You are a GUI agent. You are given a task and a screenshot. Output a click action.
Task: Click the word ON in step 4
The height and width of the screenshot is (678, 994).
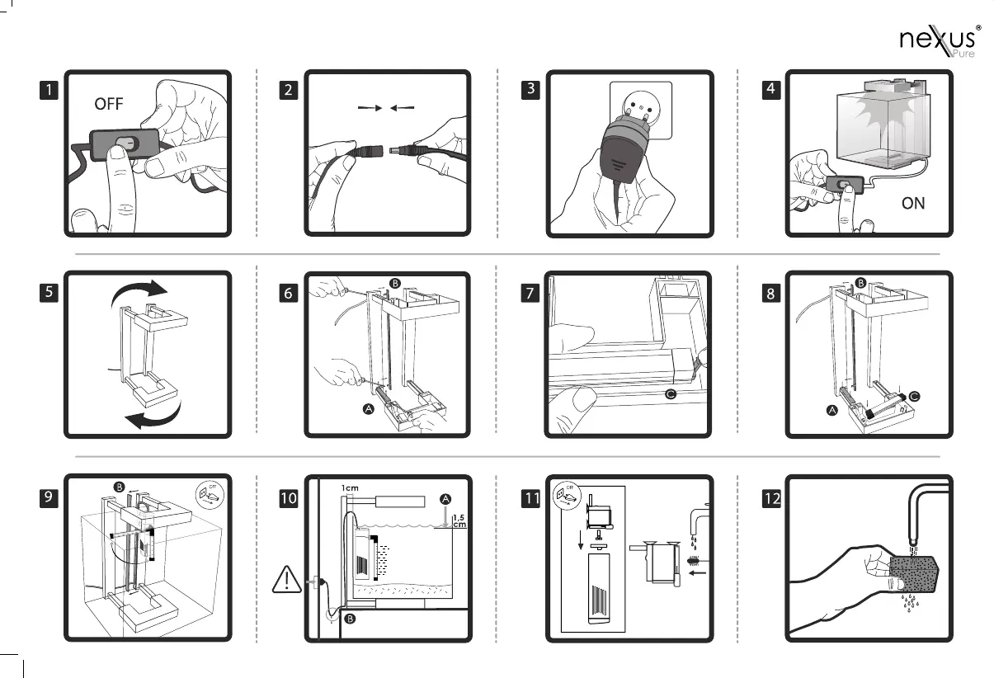pos(913,203)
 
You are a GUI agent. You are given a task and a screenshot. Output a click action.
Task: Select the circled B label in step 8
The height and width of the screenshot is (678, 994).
pos(861,283)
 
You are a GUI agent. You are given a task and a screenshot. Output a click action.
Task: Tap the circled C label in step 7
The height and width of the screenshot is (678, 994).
pos(671,395)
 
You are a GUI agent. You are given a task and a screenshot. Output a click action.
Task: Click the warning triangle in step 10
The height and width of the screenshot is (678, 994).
pos(285,581)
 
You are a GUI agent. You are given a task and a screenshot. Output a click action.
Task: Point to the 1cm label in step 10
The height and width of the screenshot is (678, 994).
pos(351,487)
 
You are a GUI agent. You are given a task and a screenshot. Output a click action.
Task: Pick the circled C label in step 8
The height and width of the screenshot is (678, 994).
pos(916,396)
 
